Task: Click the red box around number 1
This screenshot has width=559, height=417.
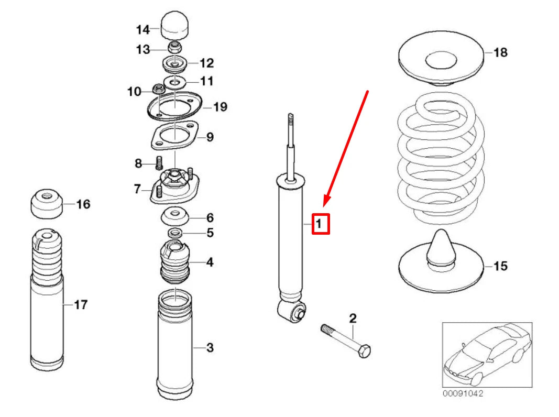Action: point(321,224)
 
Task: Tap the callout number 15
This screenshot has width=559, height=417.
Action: point(500,266)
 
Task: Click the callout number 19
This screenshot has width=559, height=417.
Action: point(220,107)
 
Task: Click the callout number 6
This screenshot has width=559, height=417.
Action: point(210,217)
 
